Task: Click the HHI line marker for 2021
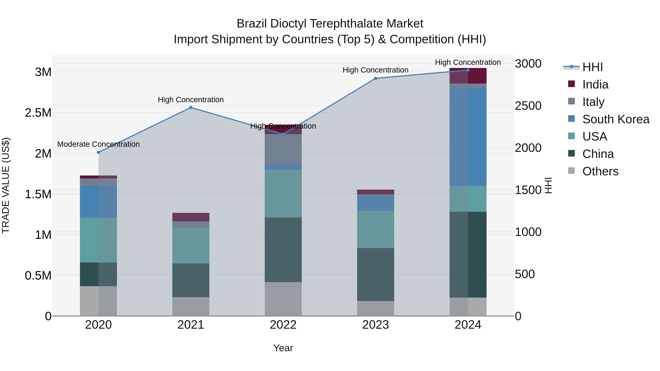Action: (x=191, y=108)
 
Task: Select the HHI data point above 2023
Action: (x=376, y=78)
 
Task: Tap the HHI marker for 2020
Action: (x=98, y=152)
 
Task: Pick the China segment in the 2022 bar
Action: (x=283, y=250)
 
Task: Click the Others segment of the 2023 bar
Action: (x=376, y=308)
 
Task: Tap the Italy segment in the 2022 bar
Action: (x=283, y=149)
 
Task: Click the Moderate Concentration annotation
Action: (x=98, y=144)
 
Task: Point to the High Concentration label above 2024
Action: (x=468, y=62)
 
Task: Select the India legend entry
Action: (x=595, y=84)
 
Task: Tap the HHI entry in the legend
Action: (x=592, y=67)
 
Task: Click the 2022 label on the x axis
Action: (x=283, y=325)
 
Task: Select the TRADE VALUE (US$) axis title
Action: (x=6, y=185)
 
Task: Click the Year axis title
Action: (x=283, y=348)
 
